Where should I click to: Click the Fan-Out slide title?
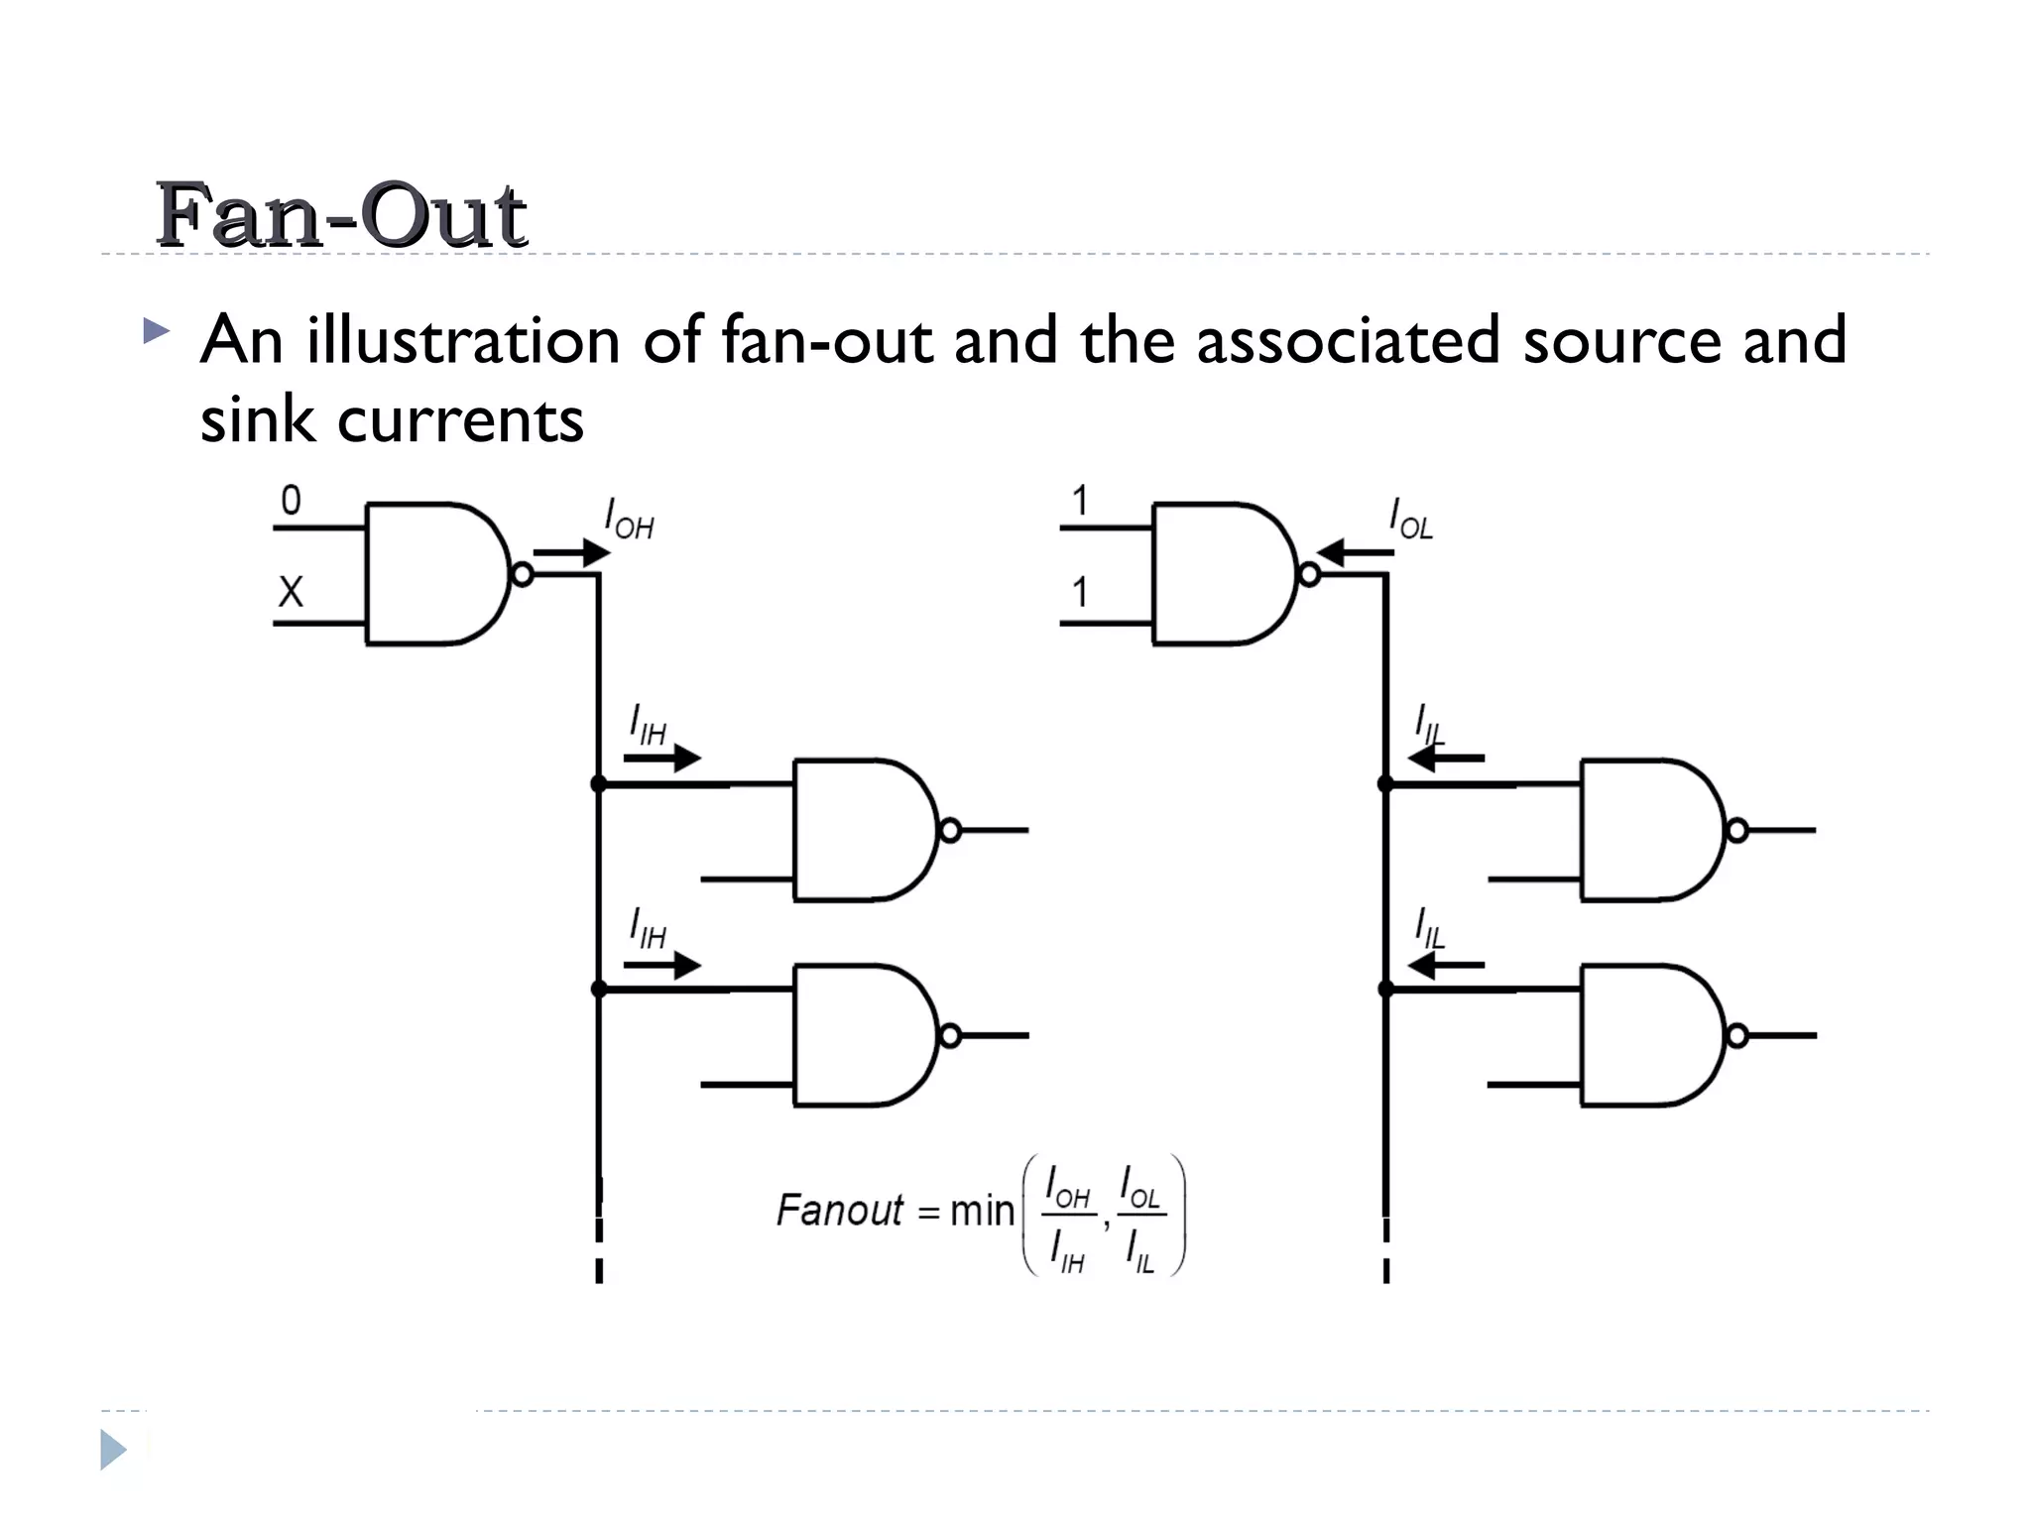[340, 215]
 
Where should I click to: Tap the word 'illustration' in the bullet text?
[462, 340]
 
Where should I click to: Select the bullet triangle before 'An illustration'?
[156, 330]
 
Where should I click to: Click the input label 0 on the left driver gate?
[291, 501]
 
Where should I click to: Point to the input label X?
[291, 592]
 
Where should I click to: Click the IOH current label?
[629, 520]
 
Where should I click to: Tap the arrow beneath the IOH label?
[571, 552]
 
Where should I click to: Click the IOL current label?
[1410, 520]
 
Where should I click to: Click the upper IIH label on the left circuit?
[648, 726]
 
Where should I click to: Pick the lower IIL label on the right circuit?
[1429, 929]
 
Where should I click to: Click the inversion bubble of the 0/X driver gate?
[523, 574]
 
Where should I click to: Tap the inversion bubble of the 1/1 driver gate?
[1309, 574]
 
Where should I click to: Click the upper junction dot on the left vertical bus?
[599, 784]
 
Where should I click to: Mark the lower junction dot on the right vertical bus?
[1385, 990]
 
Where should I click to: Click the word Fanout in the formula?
[839, 1211]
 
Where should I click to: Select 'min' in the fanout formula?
[982, 1211]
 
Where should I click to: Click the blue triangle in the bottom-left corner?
[113, 1450]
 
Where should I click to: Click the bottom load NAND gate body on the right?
[1646, 1035]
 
